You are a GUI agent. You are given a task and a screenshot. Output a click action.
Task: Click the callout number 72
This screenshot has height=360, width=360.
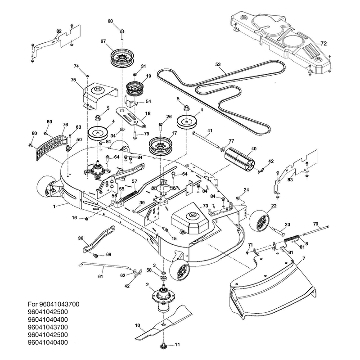pos(323,43)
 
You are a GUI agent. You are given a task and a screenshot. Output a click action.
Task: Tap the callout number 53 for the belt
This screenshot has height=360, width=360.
pos(218,64)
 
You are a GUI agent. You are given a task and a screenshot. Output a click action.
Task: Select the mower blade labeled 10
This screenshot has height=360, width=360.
pos(163,322)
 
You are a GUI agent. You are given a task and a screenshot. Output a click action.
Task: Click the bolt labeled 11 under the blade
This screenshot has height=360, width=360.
pos(163,346)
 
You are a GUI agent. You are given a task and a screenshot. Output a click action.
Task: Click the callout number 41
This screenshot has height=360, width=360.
pos(210,130)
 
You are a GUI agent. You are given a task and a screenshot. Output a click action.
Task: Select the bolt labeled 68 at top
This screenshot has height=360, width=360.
pos(122,35)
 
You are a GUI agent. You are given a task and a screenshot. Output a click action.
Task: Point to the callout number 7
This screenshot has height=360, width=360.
pos(304,258)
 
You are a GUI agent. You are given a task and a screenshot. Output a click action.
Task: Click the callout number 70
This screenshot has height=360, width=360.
pos(316,224)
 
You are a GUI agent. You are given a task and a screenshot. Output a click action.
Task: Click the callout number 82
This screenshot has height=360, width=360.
pos(59,31)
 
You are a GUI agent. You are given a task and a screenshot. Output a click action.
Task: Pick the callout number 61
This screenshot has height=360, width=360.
pos(100,277)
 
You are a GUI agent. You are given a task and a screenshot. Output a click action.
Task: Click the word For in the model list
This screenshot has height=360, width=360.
pos(33,304)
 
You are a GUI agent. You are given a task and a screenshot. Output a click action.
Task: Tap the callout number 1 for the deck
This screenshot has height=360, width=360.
pos(54,207)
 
